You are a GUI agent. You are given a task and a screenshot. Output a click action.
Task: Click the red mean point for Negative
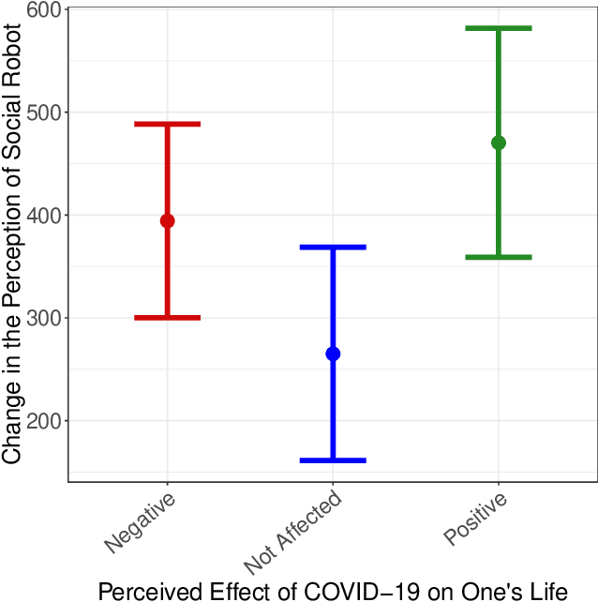(x=167, y=221)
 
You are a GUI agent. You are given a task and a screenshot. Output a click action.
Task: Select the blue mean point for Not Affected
(x=333, y=354)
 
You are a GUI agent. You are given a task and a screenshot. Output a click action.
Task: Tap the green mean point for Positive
(x=499, y=143)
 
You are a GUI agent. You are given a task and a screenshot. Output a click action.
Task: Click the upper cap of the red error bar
(x=167, y=124)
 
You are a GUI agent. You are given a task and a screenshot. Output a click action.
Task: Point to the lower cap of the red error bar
(x=167, y=318)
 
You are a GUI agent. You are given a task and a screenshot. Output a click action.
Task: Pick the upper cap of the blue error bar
(x=333, y=247)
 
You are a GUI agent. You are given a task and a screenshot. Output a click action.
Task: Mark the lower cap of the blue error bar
(x=333, y=460)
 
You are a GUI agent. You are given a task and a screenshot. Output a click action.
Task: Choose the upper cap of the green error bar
(x=499, y=28)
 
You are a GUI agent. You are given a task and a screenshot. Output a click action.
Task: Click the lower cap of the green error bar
(x=499, y=257)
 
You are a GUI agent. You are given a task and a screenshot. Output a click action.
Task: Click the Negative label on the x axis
(x=140, y=523)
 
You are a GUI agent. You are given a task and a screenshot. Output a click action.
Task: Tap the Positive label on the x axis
(x=475, y=519)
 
